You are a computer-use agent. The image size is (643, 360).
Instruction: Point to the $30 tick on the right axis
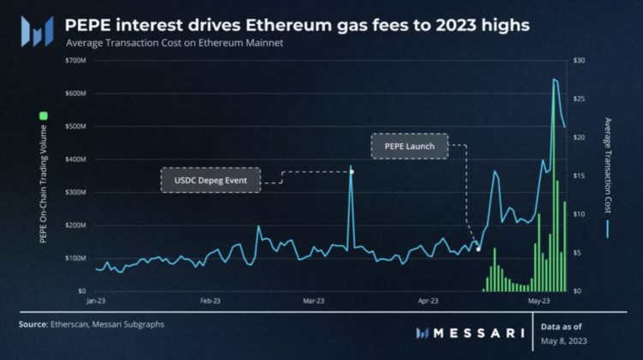580,61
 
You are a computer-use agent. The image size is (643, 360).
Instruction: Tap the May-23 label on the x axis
538,301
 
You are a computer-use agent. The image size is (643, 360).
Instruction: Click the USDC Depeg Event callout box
210,181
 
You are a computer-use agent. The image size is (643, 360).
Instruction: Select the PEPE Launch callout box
410,146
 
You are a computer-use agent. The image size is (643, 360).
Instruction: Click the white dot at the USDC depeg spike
352,171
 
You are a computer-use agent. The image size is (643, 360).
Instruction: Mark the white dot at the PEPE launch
478,249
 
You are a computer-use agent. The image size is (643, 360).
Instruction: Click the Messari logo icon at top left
38,31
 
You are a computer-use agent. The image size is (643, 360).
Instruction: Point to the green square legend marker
43,115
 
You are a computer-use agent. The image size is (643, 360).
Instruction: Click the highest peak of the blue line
555,79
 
